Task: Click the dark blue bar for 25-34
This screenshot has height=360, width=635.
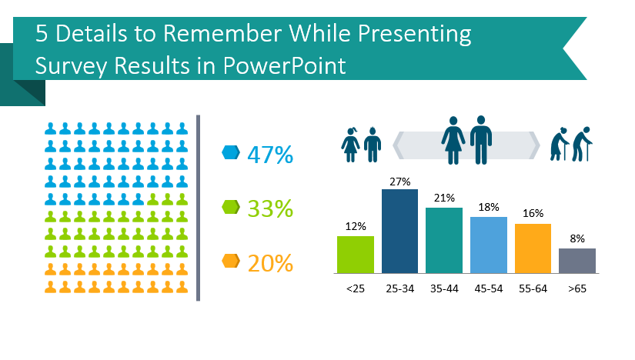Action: [400, 231]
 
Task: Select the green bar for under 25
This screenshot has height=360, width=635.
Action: [356, 254]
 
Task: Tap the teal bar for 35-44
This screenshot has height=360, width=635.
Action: [444, 240]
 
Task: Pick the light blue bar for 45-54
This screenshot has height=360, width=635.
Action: [489, 245]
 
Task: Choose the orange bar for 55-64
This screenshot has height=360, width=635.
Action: [533, 248]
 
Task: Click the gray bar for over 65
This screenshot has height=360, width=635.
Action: [577, 260]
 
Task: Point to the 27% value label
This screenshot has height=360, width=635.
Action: [400, 182]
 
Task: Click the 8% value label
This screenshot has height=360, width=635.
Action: [577, 239]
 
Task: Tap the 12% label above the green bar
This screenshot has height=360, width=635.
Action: [356, 226]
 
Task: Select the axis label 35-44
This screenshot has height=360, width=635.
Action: [444, 288]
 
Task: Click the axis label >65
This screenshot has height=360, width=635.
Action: [577, 288]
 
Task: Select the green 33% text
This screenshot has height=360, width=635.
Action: [270, 208]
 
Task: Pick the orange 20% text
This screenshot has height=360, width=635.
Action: [270, 263]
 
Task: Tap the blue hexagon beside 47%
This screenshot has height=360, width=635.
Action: [231, 153]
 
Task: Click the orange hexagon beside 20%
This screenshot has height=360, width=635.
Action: [231, 262]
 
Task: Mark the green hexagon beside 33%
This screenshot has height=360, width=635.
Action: [231, 207]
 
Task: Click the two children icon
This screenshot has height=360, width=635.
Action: [362, 145]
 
